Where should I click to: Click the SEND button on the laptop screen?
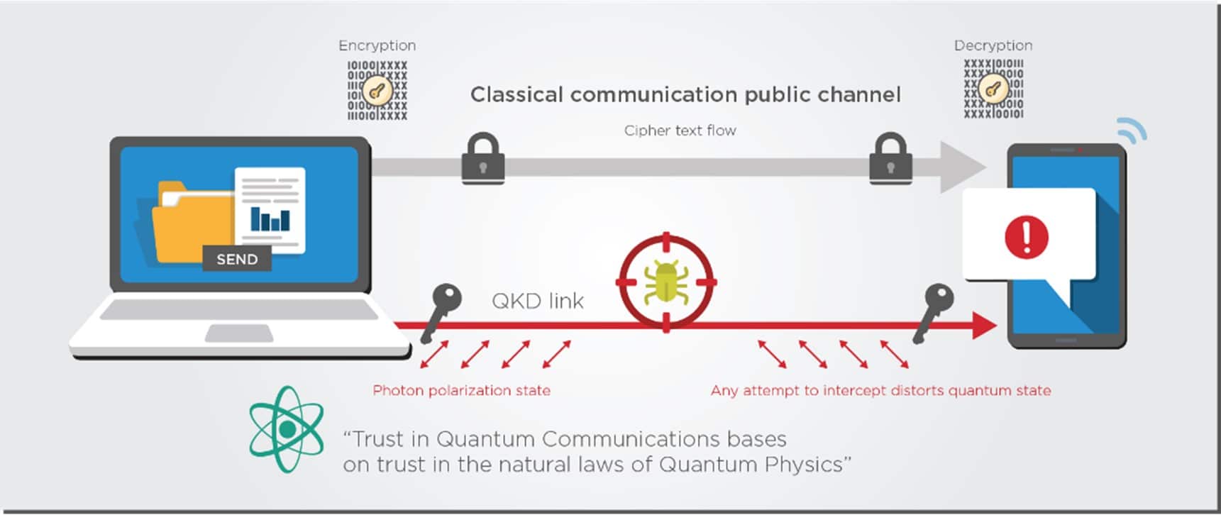point(237,259)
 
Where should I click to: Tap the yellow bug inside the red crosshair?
point(665,282)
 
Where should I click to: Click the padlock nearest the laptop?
point(483,158)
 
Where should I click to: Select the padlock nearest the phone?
point(890,158)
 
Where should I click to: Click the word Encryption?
point(377,45)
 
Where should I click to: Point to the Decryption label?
point(993,45)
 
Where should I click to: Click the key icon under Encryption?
point(377,91)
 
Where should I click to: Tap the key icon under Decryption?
point(993,89)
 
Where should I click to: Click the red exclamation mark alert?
point(1026,236)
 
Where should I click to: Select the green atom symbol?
point(287,429)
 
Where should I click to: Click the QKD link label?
point(538,301)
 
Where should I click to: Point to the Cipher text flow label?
point(680,131)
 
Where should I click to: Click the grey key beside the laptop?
point(441,312)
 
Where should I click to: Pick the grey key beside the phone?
point(933,312)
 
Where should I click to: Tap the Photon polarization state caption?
point(461,390)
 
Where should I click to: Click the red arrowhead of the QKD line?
point(984,326)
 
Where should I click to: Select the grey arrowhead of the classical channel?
point(961,167)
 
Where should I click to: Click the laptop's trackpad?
point(238,333)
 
